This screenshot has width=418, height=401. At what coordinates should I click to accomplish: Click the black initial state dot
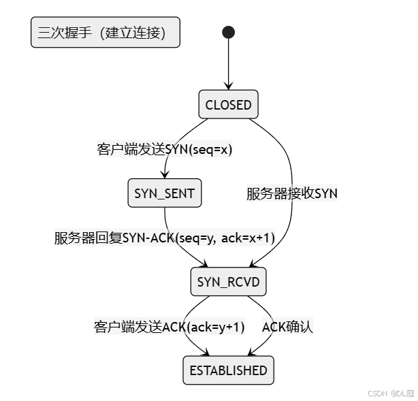(x=228, y=32)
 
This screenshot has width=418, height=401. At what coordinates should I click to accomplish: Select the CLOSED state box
(x=228, y=105)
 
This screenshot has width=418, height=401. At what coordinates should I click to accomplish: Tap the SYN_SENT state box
(x=164, y=193)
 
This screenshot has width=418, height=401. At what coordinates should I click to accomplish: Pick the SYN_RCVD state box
(x=228, y=282)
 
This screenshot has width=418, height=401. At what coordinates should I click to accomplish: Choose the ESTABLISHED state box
(x=228, y=370)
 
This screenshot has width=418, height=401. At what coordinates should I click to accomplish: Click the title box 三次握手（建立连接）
(x=106, y=33)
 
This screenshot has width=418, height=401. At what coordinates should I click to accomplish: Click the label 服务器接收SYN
(x=291, y=193)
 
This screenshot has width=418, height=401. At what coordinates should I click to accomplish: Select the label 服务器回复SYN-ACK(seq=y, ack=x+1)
(x=164, y=238)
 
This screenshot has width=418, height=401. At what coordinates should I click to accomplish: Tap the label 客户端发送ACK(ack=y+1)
(x=169, y=327)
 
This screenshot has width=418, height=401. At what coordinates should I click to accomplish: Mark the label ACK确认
(x=287, y=327)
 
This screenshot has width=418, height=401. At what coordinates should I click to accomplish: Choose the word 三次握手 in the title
(x=62, y=33)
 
